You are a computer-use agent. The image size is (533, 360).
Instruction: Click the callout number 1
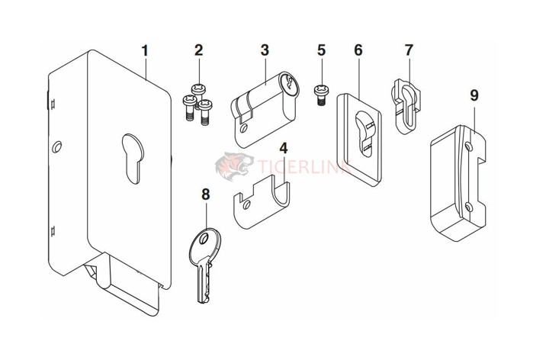145,52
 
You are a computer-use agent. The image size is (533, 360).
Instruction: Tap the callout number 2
198,51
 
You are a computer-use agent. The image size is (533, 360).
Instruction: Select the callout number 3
265,50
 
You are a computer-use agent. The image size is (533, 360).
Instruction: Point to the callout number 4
283,147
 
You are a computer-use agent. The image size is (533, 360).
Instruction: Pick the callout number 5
321,51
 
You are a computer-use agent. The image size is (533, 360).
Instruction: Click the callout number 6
358,51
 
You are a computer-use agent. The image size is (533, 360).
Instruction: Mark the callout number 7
409,50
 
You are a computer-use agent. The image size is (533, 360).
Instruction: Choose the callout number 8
204,194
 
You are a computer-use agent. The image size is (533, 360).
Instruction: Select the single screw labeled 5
320,95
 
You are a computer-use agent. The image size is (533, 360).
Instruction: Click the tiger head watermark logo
232,166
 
